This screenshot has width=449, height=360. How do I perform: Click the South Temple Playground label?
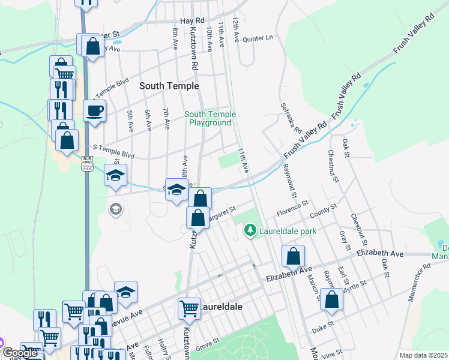[209, 118]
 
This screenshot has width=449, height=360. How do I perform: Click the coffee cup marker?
[95, 110]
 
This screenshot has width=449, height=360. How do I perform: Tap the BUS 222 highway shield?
[88, 163]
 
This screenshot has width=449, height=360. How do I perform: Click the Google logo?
[20, 353]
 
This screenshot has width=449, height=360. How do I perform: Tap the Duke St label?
[322, 329]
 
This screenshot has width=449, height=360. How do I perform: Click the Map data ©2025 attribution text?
[423, 355]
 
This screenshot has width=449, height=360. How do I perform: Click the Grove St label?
[208, 343]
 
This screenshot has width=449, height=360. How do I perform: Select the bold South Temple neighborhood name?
[169, 86]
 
